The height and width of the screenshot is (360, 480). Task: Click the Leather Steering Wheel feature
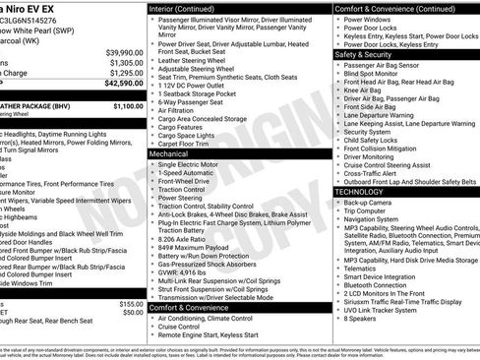(x=194, y=60)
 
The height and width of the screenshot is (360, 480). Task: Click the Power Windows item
(x=370, y=19)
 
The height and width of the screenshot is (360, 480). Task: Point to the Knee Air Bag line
(x=364, y=90)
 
